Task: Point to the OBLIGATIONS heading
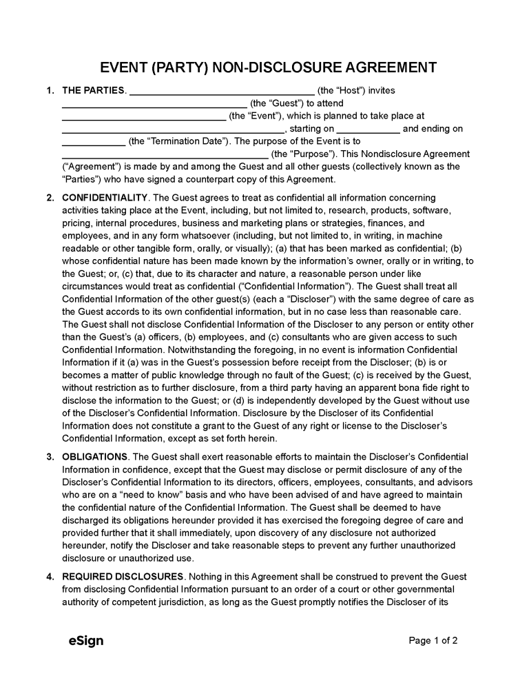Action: pyautogui.click(x=94, y=457)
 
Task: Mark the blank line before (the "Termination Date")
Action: pyautogui.click(x=93, y=142)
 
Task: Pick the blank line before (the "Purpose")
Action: pyautogui.click(x=165, y=154)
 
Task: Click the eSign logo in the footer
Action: pyautogui.click(x=86, y=641)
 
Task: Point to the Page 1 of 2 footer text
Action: pyautogui.click(x=433, y=641)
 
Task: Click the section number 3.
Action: pyautogui.click(x=50, y=457)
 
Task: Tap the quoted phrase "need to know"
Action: pyautogui.click(x=130, y=495)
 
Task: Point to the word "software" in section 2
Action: pyautogui.click(x=431, y=210)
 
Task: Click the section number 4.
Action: pyautogui.click(x=50, y=577)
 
